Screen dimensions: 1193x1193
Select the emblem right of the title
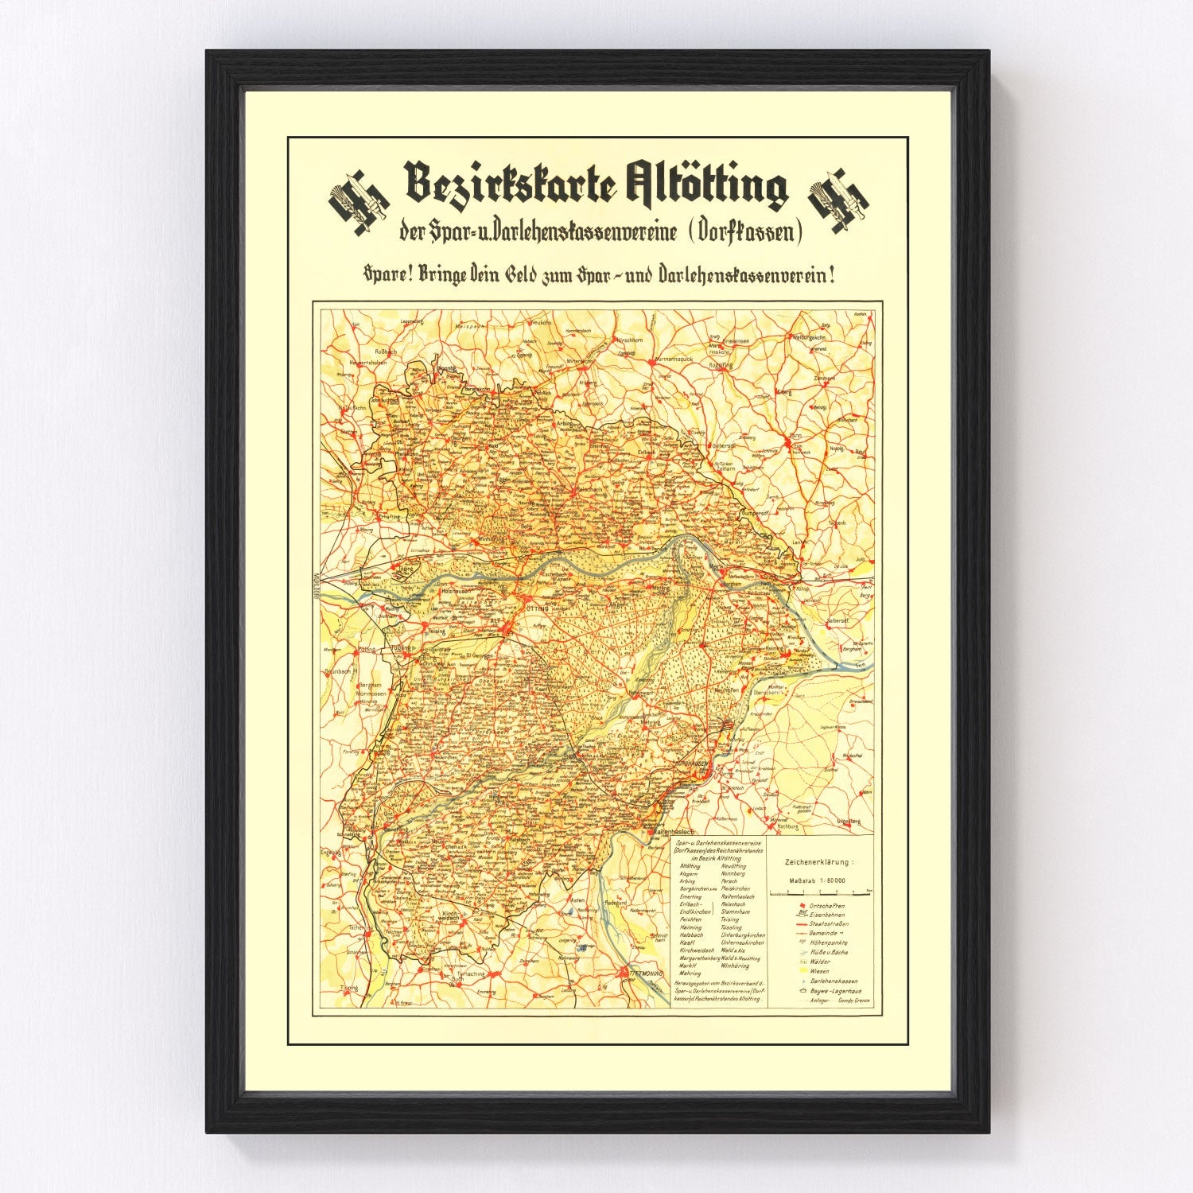[x=837, y=201]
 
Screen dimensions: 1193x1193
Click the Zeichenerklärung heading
[x=819, y=862]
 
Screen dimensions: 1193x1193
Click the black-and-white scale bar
[x=820, y=894]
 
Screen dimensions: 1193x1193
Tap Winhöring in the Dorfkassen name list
[x=735, y=966]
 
